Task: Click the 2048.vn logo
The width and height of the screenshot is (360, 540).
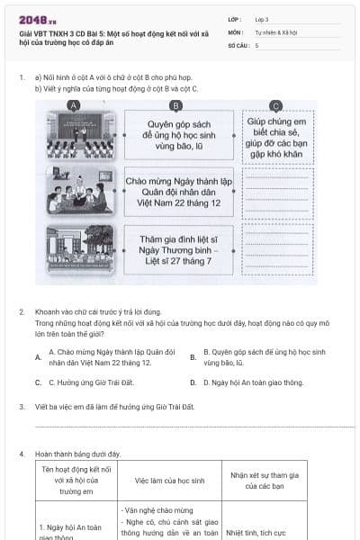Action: tap(37, 18)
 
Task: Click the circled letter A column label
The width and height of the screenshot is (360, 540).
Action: tap(74, 105)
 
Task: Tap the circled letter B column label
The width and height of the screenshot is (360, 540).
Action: tap(176, 105)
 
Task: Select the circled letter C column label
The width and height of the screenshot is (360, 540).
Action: tap(276, 105)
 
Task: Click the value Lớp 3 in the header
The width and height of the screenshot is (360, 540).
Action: tap(262, 18)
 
